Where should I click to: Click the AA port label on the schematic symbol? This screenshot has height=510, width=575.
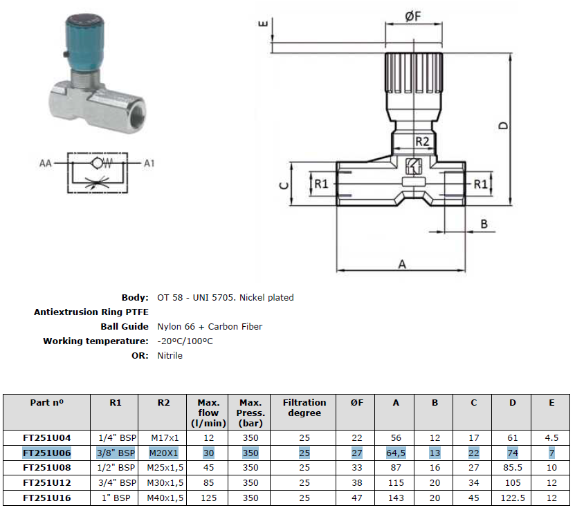46,163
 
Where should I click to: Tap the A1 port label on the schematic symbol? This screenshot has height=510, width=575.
149,163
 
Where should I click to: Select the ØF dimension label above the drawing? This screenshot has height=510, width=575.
413,16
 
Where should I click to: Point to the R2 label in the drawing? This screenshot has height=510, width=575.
422,141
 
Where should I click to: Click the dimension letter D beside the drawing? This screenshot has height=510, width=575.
504,126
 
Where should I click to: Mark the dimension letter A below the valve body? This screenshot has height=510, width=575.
402,264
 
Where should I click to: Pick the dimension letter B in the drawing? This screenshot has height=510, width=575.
484,224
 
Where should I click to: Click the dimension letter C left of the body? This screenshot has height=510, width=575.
284,186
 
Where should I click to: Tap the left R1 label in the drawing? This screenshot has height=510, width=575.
321,184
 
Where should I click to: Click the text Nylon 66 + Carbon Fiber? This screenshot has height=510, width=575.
210,327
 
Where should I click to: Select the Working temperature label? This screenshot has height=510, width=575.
95,341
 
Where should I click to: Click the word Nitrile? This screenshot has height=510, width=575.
170,355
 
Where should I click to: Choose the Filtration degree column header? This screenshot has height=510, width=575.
304,408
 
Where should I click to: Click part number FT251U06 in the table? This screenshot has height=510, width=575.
47,453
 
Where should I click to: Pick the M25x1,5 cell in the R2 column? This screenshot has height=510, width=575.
165,468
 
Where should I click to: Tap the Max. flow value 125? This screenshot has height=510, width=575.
209,498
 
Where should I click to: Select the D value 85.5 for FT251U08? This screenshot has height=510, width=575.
513,468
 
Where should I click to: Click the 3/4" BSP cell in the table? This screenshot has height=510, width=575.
117,483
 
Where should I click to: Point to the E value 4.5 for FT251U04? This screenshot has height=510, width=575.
551,438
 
